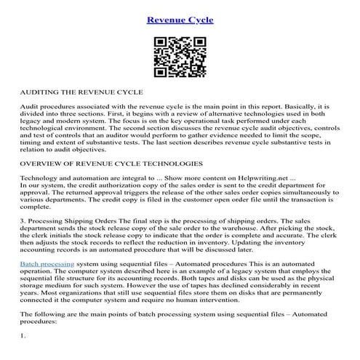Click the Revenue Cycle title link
pos(180,20)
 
